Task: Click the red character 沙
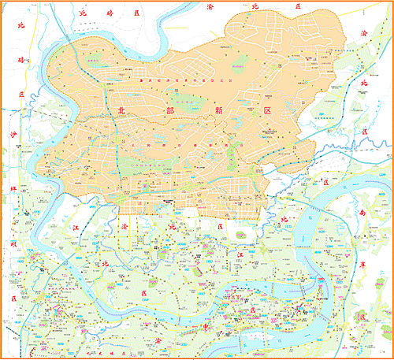tap(13, 135)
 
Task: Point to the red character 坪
tap(13, 190)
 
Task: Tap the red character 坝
tap(13, 245)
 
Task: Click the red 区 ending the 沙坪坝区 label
tap(13, 298)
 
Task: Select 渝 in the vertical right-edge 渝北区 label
tap(363, 34)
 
